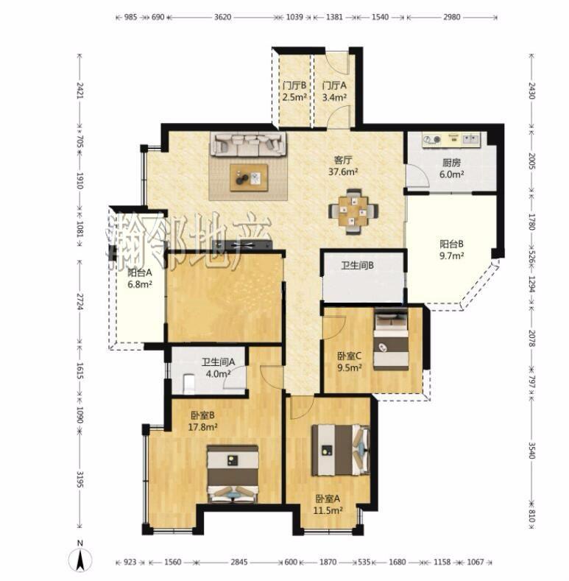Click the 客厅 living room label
(x=343, y=160)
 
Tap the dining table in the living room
(x=353, y=211)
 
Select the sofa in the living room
(x=248, y=144)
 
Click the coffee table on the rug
(x=249, y=178)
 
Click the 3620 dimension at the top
(x=222, y=17)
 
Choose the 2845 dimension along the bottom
(x=239, y=562)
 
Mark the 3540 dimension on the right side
(x=531, y=451)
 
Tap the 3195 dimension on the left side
(x=79, y=479)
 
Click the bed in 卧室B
(x=233, y=473)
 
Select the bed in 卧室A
(x=340, y=449)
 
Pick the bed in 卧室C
(x=391, y=338)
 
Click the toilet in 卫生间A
(x=189, y=384)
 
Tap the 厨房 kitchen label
(x=451, y=163)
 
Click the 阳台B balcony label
(x=451, y=244)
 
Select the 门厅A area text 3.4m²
(x=334, y=97)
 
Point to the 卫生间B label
(x=357, y=265)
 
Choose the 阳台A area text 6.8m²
(x=140, y=284)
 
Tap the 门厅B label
(x=294, y=85)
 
